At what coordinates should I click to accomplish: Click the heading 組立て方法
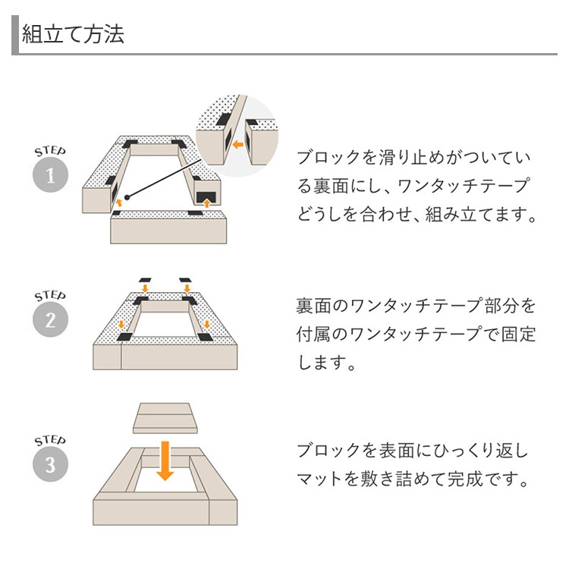point(73,35)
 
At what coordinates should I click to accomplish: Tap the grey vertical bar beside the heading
point(14,35)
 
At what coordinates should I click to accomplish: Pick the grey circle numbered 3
point(51,464)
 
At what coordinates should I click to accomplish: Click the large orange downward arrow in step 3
point(165,461)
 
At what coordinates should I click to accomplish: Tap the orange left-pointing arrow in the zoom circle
point(237,142)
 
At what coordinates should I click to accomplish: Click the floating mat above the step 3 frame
point(165,418)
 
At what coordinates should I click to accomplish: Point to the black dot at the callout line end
point(127,198)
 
